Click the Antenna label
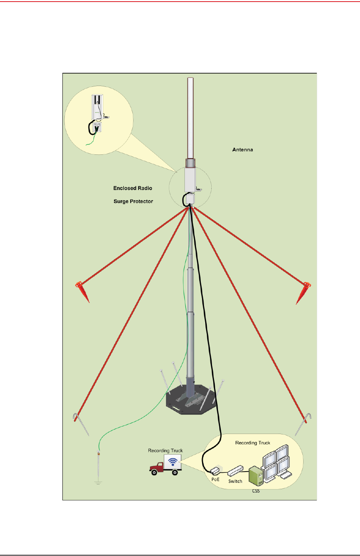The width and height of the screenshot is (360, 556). (x=242, y=150)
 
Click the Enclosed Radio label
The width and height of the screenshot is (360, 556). (x=132, y=188)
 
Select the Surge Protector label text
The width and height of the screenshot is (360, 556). (x=133, y=201)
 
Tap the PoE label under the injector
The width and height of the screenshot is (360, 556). (x=215, y=479)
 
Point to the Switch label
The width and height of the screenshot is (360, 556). (x=235, y=481)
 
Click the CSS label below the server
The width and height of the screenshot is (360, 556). (x=256, y=491)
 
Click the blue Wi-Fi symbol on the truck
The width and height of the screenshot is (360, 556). (x=172, y=462)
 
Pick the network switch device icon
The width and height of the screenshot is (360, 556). (x=235, y=471)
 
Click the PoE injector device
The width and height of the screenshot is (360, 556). (x=215, y=470)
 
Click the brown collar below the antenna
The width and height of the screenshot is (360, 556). (x=190, y=163)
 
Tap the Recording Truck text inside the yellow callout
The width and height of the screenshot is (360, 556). (x=252, y=443)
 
